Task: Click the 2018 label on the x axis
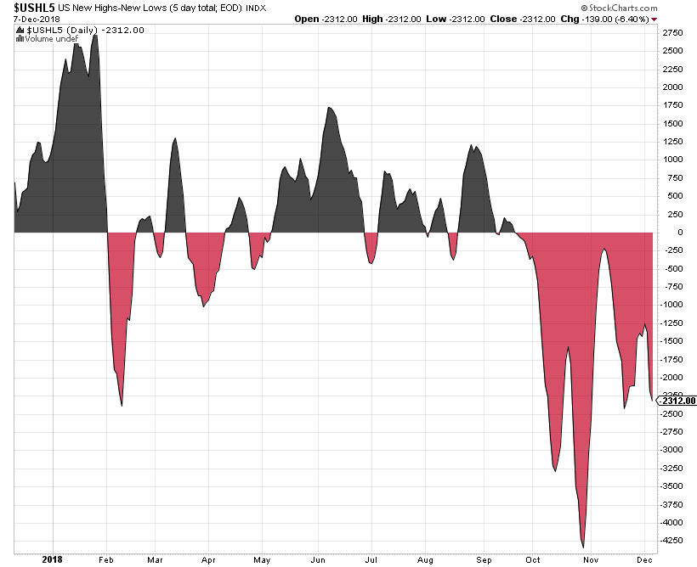click(53, 559)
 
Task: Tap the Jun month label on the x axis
click(318, 559)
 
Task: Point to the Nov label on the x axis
click(591, 559)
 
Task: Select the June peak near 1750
click(329, 107)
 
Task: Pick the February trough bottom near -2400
click(122, 406)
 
